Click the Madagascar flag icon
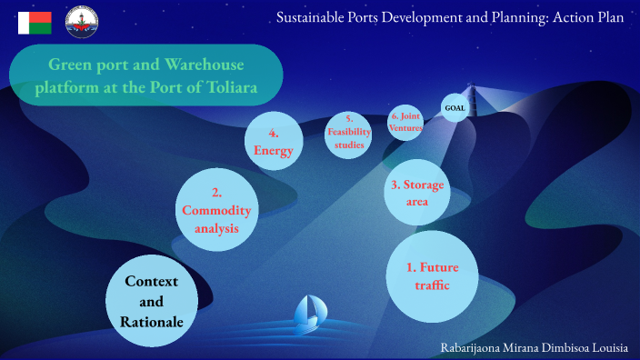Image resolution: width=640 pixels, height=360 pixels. click(35, 23)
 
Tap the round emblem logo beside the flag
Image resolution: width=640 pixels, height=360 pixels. click(83, 23)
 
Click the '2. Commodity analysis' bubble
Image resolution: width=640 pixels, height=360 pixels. click(216, 210)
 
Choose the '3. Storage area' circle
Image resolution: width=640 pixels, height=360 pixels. click(417, 193)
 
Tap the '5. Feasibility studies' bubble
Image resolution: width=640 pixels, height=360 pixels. click(349, 133)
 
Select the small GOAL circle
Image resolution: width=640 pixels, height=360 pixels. click(455, 108)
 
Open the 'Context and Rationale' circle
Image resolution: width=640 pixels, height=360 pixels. click(152, 301)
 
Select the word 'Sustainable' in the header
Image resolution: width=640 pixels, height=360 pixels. click(315, 17)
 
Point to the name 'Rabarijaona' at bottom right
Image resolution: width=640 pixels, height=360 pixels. click(478, 347)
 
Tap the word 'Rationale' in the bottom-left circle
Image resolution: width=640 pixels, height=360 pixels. click(152, 321)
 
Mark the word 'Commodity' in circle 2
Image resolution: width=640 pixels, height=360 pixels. click(216, 210)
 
